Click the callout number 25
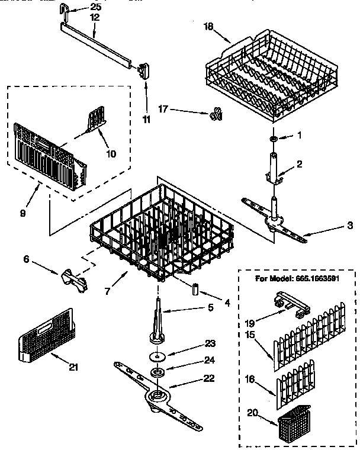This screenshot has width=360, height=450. [x=95, y=7]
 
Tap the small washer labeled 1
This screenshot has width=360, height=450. [x=273, y=138]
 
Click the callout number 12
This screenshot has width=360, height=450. [x=95, y=18]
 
